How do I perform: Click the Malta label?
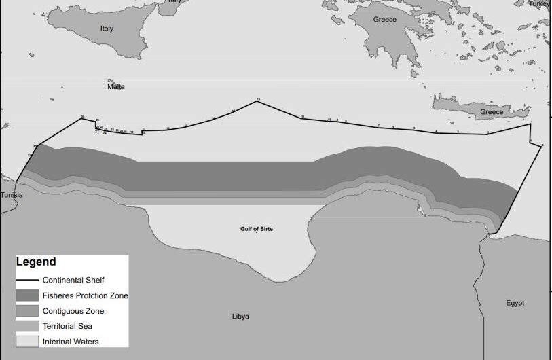116,87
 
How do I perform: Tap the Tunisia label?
11,195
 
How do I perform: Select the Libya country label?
240,317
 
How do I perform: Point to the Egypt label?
515,303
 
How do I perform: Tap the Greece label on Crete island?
492,111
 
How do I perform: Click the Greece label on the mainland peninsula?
384,20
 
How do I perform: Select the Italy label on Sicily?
107,29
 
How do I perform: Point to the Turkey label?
540,3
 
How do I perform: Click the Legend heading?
36,262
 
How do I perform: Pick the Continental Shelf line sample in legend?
27,280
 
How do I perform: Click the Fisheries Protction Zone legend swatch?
27,295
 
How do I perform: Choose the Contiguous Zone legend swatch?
27,311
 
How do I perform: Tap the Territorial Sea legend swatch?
27,326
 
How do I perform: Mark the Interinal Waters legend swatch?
27,341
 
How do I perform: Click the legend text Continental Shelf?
73,280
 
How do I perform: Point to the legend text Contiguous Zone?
73,311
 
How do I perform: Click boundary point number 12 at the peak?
258,100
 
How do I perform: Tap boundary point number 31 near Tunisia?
35,146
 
